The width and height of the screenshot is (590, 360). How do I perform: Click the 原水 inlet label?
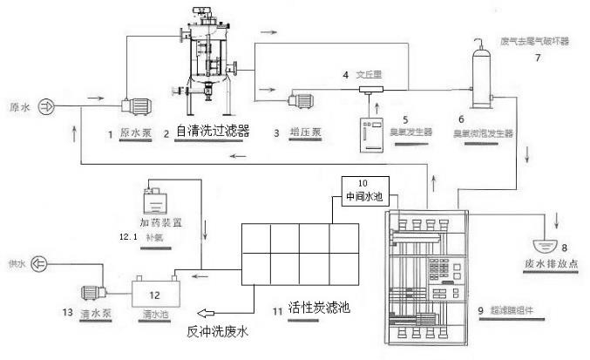point(18,107)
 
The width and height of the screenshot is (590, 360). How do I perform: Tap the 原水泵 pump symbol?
point(136,105)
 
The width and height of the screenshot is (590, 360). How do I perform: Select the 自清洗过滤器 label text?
point(213,132)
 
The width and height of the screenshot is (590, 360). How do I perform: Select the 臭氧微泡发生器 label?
point(485,134)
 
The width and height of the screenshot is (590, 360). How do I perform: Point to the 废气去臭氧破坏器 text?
point(535,41)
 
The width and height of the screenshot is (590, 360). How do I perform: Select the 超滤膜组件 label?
point(516,309)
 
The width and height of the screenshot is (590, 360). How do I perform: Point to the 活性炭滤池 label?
point(312,307)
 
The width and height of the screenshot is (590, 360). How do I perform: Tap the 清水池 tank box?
point(155,291)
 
